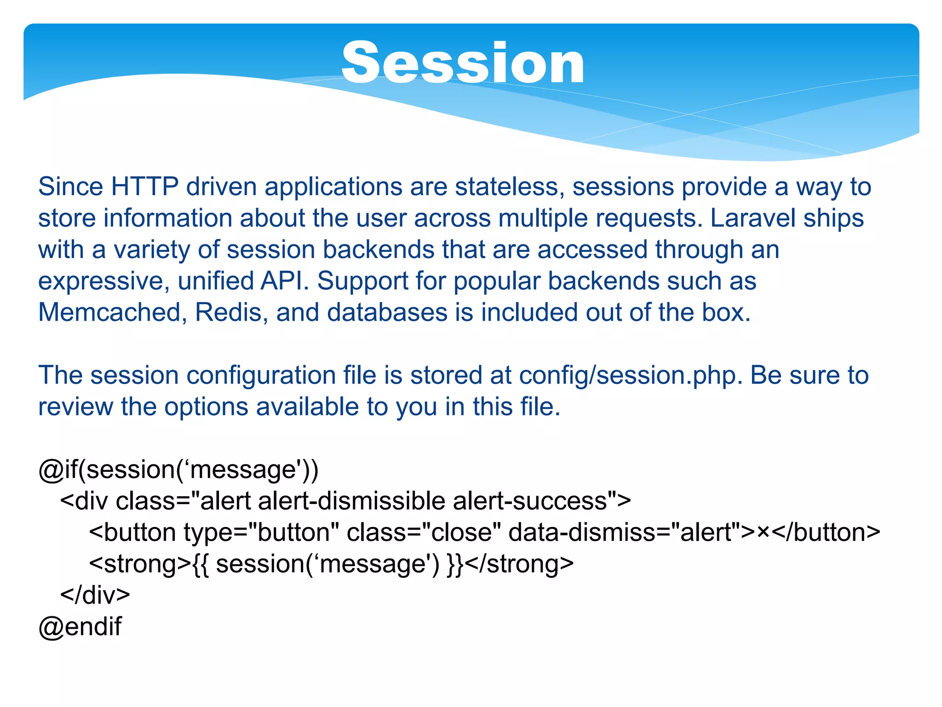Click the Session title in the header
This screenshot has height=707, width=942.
point(463,63)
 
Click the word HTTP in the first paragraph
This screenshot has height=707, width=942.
point(144,187)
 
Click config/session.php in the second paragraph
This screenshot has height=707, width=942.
point(631,376)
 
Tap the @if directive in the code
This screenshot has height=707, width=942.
point(58,470)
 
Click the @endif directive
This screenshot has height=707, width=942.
point(80,627)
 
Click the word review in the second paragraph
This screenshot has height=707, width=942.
point(75,407)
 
